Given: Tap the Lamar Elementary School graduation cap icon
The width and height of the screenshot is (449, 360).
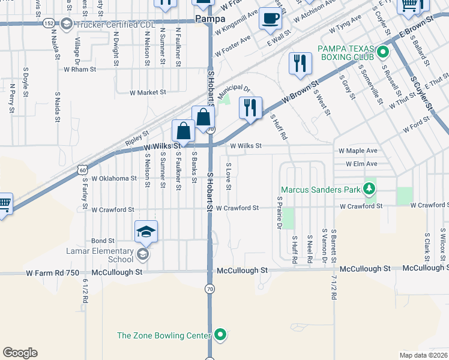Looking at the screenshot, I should pyautogui.click(x=146, y=232).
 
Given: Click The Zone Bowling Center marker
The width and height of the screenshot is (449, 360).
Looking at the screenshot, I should pyautogui.click(x=220, y=335).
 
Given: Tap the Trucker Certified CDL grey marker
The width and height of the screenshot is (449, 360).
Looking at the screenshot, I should pyautogui.click(x=66, y=24).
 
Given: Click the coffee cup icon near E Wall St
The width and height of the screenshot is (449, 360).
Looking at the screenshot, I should pyautogui.click(x=270, y=18).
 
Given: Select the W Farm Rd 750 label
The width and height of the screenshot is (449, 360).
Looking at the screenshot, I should pyautogui.click(x=53, y=272).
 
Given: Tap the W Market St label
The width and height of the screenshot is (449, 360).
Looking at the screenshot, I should pyautogui.click(x=148, y=92).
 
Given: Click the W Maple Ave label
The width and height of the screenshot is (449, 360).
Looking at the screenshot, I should pyautogui.click(x=358, y=151).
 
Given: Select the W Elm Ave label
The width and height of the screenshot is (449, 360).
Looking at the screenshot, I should pyautogui.click(x=361, y=163).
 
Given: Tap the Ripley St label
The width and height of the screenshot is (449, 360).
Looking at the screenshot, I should pyautogui.click(x=137, y=139).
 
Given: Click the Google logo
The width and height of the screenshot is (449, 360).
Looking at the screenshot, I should pyautogui.click(x=20, y=353).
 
